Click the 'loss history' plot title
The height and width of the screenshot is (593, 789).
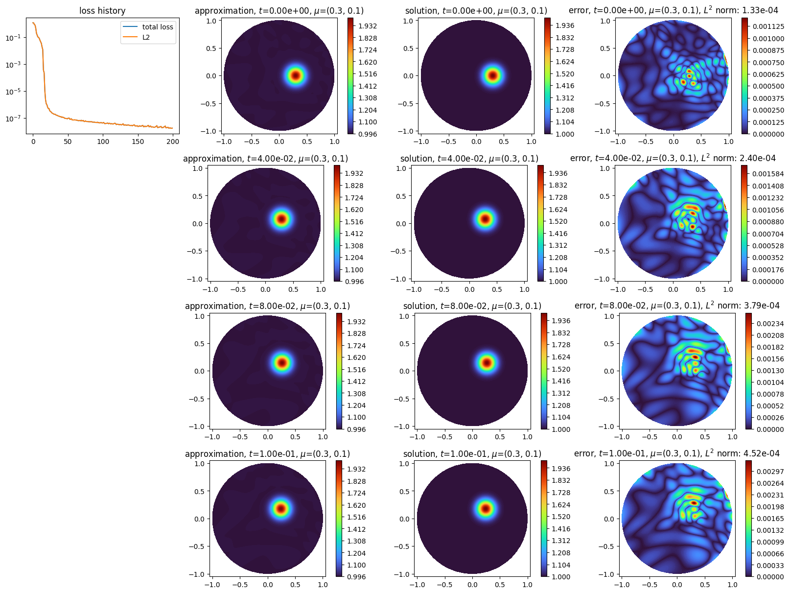tap(102, 11)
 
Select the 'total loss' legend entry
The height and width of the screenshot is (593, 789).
tap(157, 27)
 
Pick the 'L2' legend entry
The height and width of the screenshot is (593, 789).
tap(146, 37)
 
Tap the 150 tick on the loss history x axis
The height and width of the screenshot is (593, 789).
tap(138, 142)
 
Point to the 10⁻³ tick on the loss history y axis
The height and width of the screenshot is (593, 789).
tap(13, 65)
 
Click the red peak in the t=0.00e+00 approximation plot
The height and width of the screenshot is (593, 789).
tap(296, 75)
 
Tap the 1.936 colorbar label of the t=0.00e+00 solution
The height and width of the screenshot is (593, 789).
tap(565, 25)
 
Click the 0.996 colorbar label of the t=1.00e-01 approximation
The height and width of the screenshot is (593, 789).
tap(356, 577)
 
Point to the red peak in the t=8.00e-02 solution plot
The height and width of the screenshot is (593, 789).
tap(487, 363)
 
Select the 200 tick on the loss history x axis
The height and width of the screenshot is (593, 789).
tap(173, 142)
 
